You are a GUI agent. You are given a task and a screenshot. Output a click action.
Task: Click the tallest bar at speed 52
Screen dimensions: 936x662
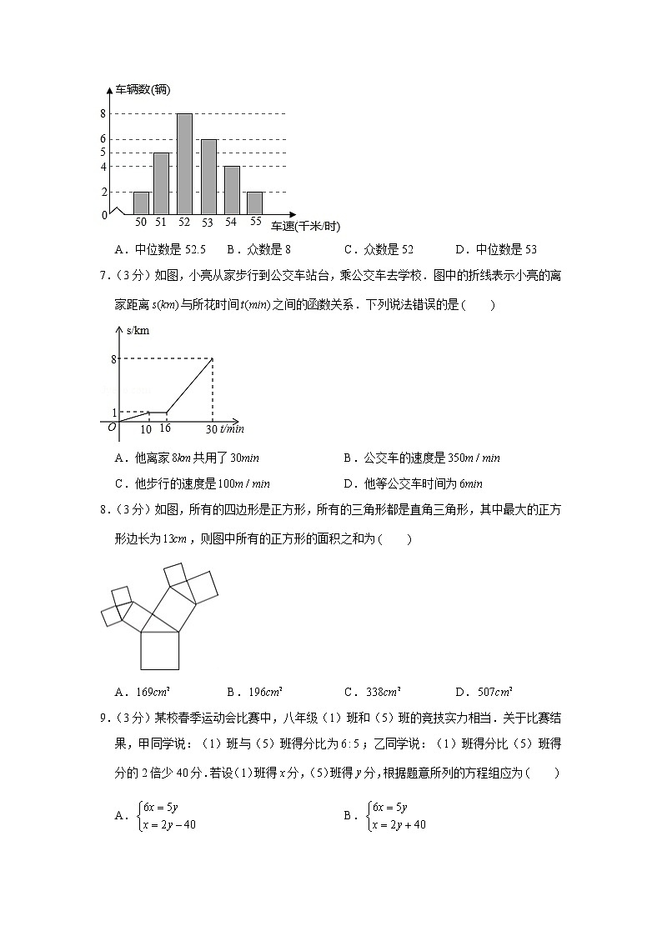pyautogui.click(x=184, y=164)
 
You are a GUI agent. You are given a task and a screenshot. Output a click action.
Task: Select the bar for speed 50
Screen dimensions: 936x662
pyautogui.click(x=141, y=203)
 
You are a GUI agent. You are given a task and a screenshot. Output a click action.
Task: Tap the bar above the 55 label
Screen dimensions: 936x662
pyautogui.click(x=253, y=203)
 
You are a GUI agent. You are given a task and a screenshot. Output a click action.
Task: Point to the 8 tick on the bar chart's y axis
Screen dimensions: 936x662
pyautogui.click(x=103, y=114)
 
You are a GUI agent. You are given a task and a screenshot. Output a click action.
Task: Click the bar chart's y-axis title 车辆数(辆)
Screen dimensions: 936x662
pyautogui.click(x=143, y=90)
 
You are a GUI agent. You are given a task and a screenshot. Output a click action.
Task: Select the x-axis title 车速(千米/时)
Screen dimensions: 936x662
pyautogui.click(x=305, y=227)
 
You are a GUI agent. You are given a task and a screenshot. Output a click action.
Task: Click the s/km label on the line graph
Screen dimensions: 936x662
pyautogui.click(x=138, y=331)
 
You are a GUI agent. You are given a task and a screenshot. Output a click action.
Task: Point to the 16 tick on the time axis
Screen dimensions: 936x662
pyautogui.click(x=164, y=428)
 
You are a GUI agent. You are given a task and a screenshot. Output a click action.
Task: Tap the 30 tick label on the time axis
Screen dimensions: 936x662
pyautogui.click(x=212, y=428)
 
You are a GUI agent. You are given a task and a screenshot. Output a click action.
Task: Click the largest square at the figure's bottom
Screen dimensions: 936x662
pyautogui.click(x=160, y=650)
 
